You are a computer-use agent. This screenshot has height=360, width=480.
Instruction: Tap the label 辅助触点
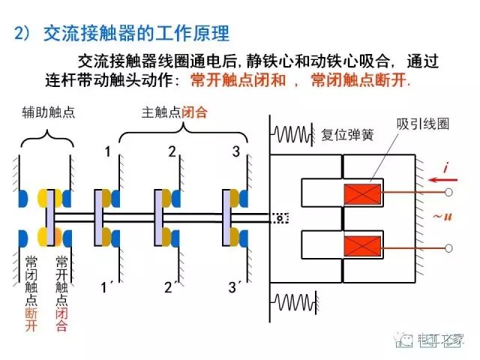49,113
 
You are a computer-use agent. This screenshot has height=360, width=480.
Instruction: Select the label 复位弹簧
347,136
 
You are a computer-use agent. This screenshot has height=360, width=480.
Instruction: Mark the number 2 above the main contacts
172,153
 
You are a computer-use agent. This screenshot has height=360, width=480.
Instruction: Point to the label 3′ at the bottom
234,286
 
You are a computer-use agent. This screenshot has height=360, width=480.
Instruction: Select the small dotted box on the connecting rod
279,218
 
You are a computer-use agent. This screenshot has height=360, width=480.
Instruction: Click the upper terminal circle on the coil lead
448,193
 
